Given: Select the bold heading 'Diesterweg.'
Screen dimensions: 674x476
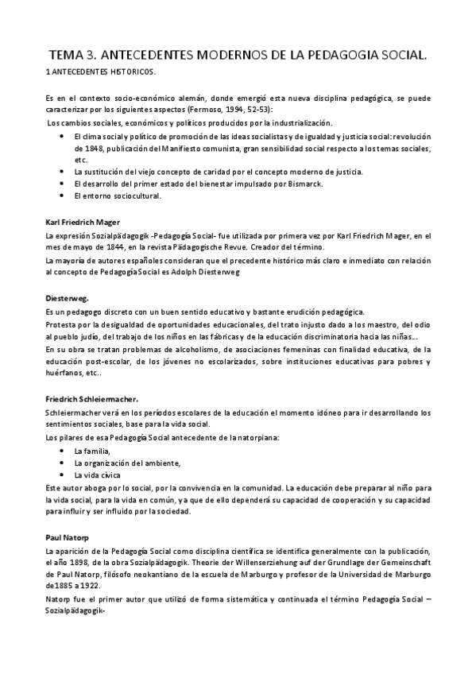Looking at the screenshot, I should pyautogui.click(x=67, y=298).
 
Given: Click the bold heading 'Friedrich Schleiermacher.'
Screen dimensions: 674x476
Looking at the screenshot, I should pyautogui.click(x=93, y=399).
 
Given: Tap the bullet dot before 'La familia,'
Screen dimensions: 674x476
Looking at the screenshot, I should pyautogui.click(x=63, y=451).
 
